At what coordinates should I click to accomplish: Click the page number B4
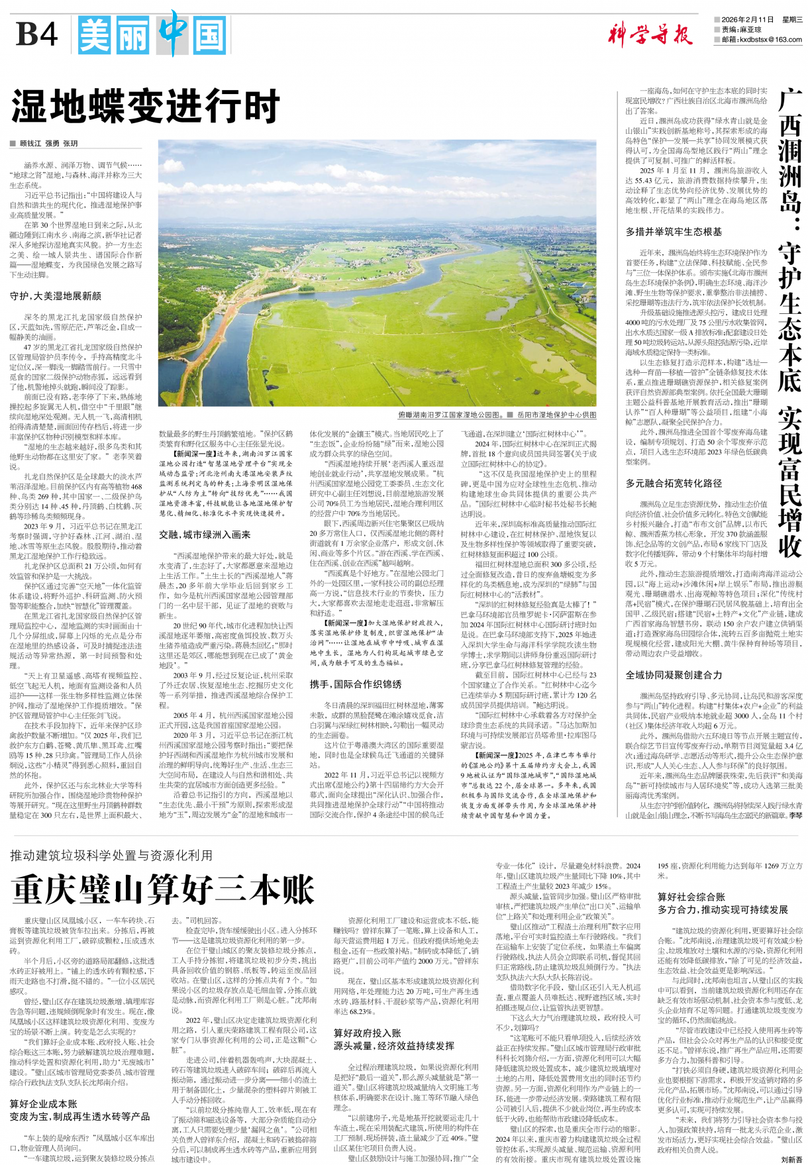click(x=36, y=33)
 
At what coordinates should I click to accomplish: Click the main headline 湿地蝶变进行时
click(x=146, y=106)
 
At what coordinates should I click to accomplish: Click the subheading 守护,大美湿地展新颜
click(x=56, y=296)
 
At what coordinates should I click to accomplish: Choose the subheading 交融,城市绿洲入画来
click(x=205, y=534)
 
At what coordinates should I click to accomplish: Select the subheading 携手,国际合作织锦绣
click(x=356, y=684)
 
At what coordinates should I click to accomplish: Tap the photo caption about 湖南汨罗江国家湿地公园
click(x=450, y=415)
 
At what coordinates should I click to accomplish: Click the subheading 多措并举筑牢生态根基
click(x=674, y=232)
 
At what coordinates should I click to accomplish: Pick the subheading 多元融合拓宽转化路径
click(x=674, y=483)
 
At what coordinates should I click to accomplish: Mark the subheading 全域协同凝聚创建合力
click(x=674, y=675)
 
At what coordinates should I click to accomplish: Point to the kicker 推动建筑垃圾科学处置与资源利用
click(x=111, y=856)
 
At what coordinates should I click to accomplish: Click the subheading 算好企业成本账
click(x=44, y=1104)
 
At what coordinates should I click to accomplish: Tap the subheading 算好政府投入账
click(x=368, y=1033)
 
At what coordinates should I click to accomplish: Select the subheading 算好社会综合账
click(x=691, y=897)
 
